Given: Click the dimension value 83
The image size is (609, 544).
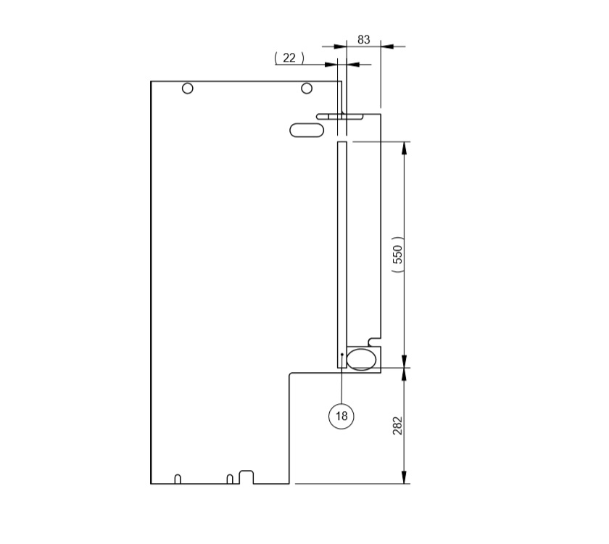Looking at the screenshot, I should coord(364,40).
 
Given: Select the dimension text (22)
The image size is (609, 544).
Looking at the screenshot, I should coord(289,58).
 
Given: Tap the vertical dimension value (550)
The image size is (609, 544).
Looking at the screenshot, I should coord(397,255).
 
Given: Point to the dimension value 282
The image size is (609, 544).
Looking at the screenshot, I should coord(397,425).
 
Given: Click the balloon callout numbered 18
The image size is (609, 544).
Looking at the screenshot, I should coord(341,416).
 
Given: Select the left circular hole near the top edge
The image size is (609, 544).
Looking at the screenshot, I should coord(188,88).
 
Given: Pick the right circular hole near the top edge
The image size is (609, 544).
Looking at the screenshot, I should coord(307,88).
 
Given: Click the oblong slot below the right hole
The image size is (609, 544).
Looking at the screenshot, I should coord(307,130).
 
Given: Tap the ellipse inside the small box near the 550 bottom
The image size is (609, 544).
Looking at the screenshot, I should coord(362,358).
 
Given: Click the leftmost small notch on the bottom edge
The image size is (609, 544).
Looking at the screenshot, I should coord(178,479).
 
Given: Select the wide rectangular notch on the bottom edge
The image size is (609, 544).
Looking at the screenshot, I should coord(246,477).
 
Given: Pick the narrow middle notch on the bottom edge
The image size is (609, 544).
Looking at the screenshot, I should coord(229,479).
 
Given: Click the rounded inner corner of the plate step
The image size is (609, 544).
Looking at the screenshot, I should coord(291,375).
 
